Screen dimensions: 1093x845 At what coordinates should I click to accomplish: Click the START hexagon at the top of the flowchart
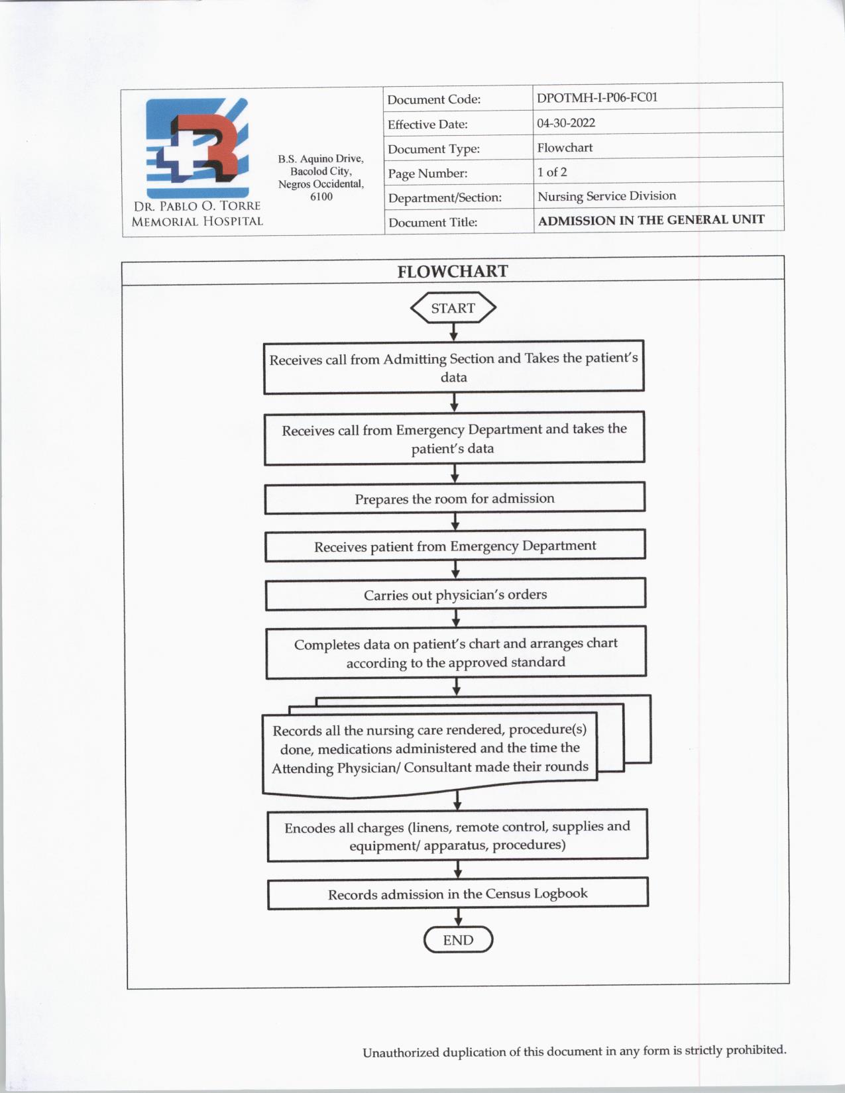click(x=453, y=308)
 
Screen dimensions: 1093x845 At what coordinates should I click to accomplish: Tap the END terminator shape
click(x=458, y=940)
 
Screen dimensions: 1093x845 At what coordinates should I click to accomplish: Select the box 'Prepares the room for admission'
click(x=455, y=498)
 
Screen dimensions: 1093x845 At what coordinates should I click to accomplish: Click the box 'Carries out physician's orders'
click(x=455, y=594)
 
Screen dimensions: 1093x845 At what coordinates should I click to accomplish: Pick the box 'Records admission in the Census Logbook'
click(x=457, y=894)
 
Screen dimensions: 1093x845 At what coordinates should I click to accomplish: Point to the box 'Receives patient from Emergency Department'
click(x=455, y=546)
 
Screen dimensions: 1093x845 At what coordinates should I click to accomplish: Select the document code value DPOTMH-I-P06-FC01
click(x=597, y=97)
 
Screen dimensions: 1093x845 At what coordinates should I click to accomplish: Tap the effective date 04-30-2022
click(x=566, y=123)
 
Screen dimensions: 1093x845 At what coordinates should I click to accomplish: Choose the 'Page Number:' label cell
click(x=427, y=174)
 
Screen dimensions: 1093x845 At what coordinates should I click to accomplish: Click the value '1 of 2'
click(x=552, y=172)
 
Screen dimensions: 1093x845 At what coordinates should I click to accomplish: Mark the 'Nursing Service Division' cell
click(x=606, y=196)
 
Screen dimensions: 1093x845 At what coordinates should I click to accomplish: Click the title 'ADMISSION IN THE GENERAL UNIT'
click(x=651, y=220)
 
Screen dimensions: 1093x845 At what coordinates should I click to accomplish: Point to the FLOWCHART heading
click(x=453, y=272)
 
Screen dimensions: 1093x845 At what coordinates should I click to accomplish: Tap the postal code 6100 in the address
click(x=321, y=197)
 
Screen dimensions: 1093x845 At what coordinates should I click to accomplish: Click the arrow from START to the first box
click(x=453, y=332)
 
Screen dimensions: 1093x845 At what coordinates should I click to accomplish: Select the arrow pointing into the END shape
click(x=458, y=917)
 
